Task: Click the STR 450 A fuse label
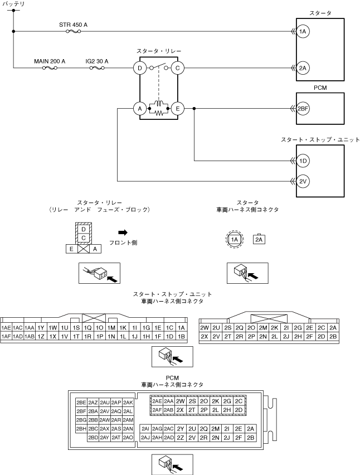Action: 73,25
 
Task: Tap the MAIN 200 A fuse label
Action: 50,61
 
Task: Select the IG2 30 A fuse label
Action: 97,61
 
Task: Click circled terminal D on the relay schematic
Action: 140,68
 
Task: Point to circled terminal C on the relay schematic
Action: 177,68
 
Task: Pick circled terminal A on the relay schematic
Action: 140,109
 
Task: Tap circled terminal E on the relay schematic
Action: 177,109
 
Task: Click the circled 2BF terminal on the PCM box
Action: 303,109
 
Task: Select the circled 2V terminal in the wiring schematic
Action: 303,181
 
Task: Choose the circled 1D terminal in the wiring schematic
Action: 303,161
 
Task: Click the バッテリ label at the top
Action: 13,4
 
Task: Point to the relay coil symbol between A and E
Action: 159,104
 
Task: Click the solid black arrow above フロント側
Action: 123,232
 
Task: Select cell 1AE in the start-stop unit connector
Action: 6,328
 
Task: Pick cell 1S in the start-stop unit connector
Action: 76,328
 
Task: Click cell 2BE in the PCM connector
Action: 81,403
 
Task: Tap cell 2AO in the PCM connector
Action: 128,438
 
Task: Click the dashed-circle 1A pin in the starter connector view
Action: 235,240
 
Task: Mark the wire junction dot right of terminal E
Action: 194,109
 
